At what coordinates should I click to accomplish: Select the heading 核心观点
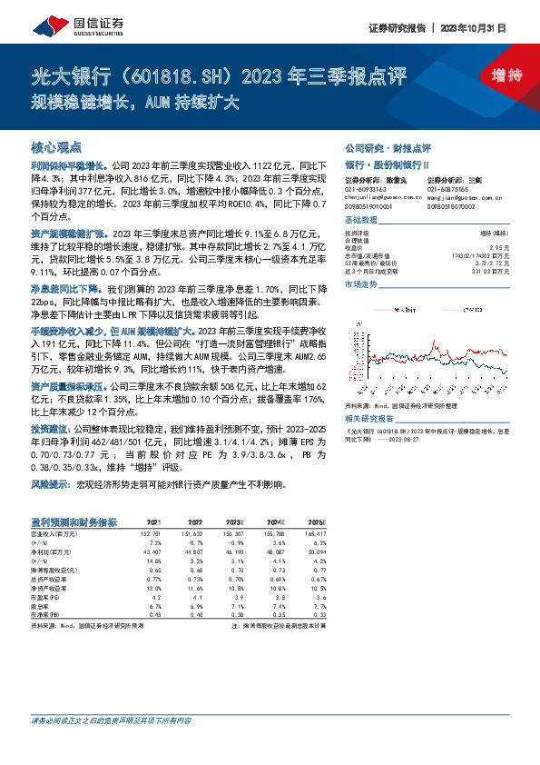coord(56,145)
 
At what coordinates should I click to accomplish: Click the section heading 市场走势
coord(360,284)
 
